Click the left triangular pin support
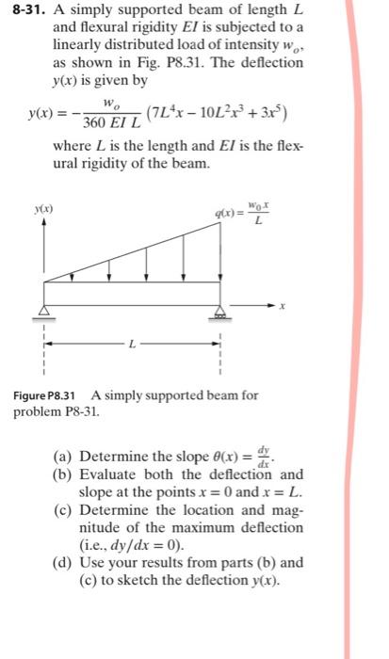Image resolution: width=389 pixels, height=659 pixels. point(45,313)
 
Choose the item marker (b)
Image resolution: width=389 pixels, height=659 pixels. point(64,475)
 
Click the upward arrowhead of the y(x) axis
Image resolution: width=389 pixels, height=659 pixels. point(44,217)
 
